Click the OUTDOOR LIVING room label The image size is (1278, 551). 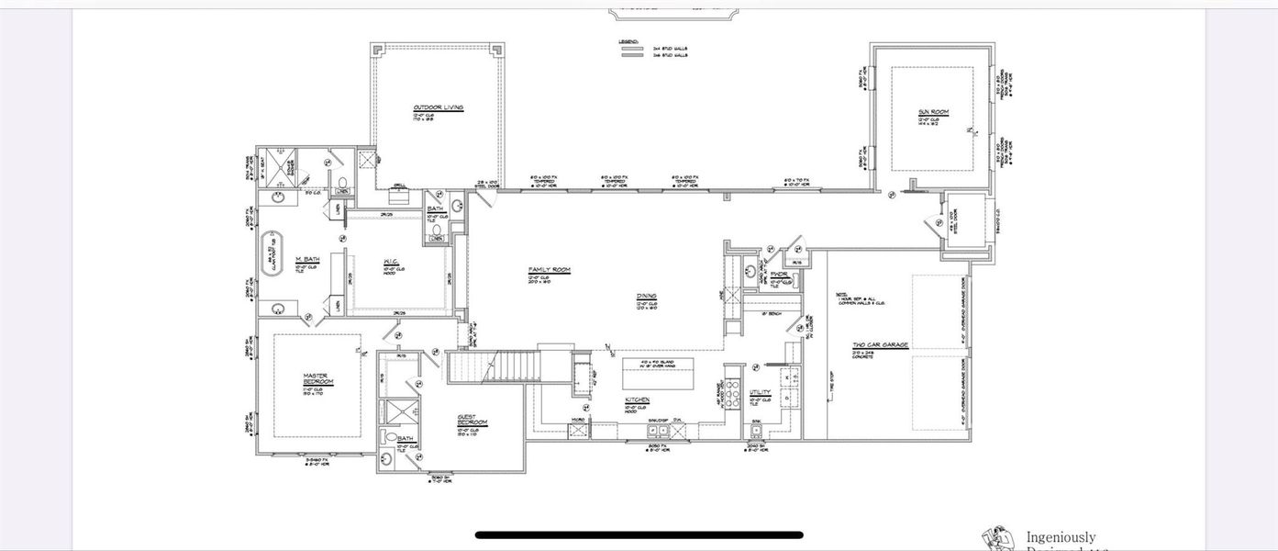pyautogui.click(x=438, y=107)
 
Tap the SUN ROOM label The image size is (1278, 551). pyautogui.click(x=933, y=112)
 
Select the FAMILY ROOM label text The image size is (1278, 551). pyautogui.click(x=549, y=270)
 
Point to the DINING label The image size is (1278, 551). pyautogui.click(x=647, y=296)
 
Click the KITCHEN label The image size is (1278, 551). pyautogui.click(x=638, y=399)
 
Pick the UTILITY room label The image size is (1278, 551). pyautogui.click(x=761, y=392)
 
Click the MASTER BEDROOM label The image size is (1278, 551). pyautogui.click(x=317, y=377)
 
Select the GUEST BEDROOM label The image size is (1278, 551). pyautogui.click(x=472, y=420)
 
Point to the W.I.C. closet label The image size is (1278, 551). pyautogui.click(x=390, y=261)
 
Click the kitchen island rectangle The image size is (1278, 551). pyautogui.click(x=658, y=374)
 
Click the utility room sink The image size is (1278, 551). pyautogui.click(x=757, y=431)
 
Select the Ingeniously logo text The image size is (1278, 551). pyautogui.click(x=1061, y=537)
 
